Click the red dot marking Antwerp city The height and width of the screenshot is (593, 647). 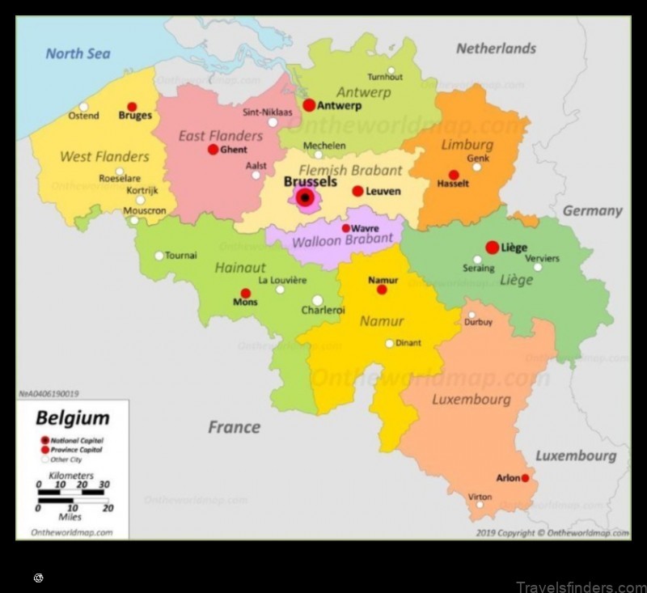pos(309,105)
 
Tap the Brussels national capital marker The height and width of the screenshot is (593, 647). pos(305,197)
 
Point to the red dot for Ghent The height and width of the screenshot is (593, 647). pos(213,150)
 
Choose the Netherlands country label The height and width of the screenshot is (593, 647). pos(496,49)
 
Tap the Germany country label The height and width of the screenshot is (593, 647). pos(592,210)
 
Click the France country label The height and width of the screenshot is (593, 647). pos(234,426)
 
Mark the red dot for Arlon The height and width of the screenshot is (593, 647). pos(525,478)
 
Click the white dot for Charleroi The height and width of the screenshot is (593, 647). pos(318,300)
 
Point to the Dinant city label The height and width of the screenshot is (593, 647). pos(408,343)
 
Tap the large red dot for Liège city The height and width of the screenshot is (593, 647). pos(492,248)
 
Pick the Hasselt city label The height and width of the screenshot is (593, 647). pos(453,184)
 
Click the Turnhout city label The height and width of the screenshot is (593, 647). pos(385,77)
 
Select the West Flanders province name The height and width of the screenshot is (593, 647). pos(104,156)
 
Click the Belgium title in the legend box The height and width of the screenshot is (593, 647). pos(72,418)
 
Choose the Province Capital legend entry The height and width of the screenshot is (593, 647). pos(76,449)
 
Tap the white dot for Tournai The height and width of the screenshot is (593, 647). pos(159,256)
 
